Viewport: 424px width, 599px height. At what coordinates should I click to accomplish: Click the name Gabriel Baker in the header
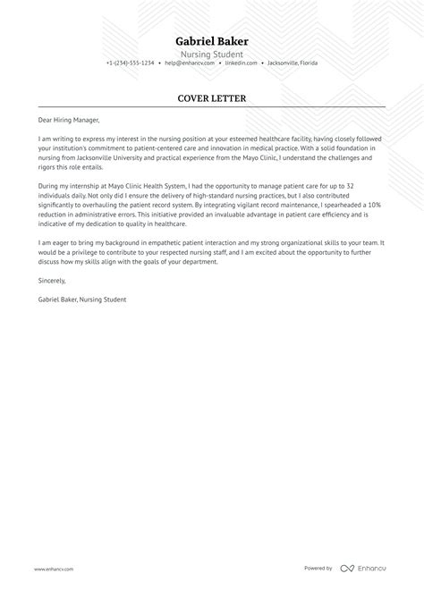(x=212, y=41)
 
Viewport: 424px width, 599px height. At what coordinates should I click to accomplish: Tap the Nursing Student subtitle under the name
(x=212, y=53)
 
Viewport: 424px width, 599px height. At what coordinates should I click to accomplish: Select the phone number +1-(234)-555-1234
(x=130, y=63)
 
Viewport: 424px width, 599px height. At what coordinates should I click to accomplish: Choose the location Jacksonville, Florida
(x=293, y=63)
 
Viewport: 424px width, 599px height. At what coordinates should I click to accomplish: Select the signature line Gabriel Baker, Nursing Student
(x=82, y=299)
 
